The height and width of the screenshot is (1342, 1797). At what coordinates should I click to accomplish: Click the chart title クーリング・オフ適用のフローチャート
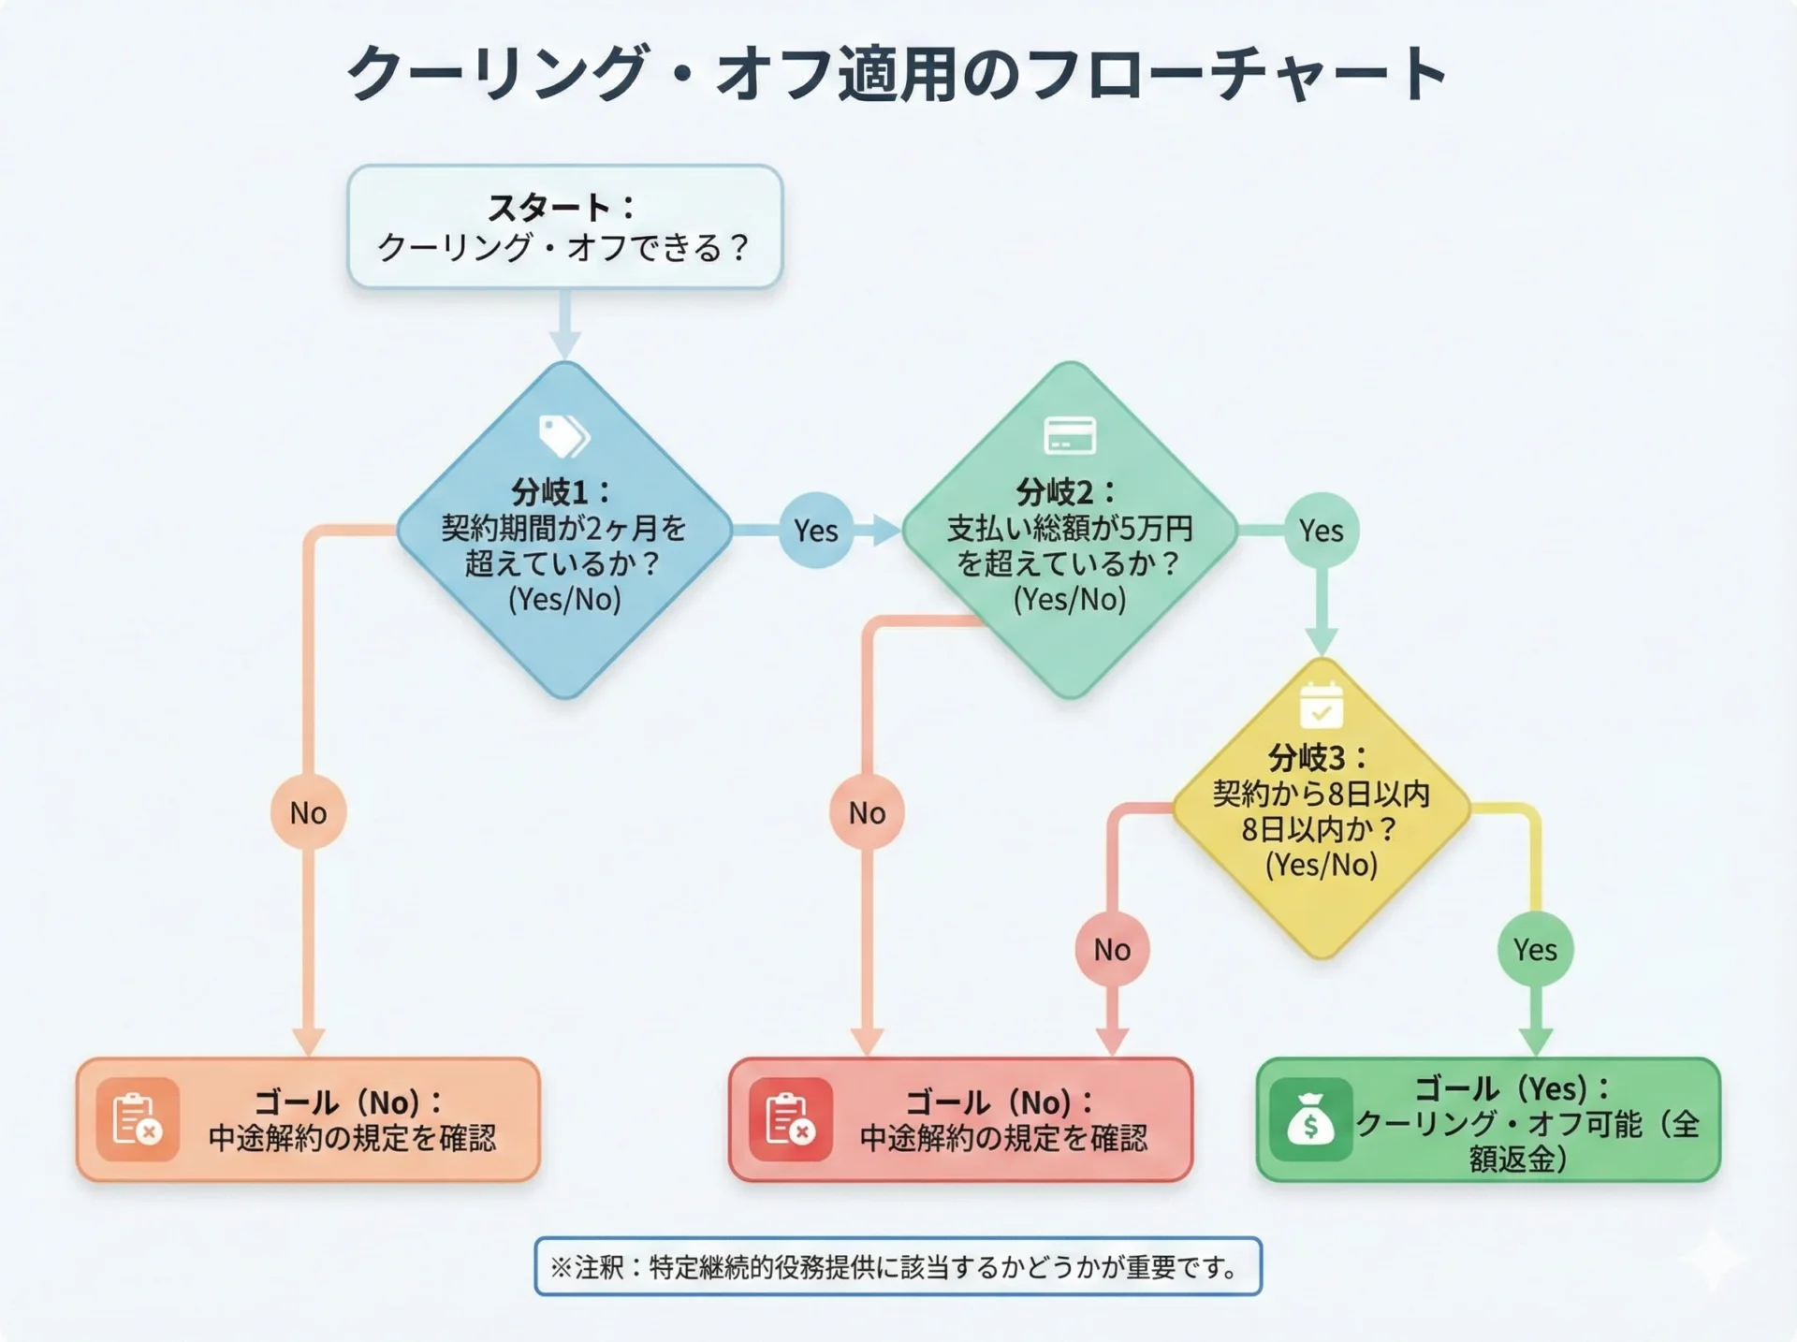(x=897, y=73)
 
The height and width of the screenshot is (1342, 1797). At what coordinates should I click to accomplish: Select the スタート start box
(x=564, y=226)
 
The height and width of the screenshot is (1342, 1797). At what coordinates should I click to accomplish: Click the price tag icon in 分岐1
(x=563, y=435)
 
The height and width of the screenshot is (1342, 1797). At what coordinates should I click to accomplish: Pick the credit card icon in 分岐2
(x=1069, y=435)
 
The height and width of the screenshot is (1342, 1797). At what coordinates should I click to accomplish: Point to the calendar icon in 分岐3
(x=1321, y=706)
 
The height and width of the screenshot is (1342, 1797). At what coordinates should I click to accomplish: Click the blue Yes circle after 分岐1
(x=815, y=531)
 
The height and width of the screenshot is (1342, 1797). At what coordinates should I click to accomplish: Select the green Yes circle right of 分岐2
(x=1321, y=531)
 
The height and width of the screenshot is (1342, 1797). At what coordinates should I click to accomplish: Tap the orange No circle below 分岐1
(x=308, y=812)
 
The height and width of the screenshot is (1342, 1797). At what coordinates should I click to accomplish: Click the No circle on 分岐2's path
(x=867, y=812)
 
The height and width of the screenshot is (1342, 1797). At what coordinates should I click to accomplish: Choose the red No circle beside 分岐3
(x=1112, y=949)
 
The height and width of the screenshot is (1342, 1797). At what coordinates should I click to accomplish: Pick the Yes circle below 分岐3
(x=1535, y=949)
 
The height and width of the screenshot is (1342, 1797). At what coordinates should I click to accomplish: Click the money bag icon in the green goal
(x=1309, y=1120)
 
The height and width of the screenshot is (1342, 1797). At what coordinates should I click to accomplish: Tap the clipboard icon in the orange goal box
(x=137, y=1119)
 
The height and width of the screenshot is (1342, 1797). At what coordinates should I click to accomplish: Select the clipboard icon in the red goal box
(x=789, y=1119)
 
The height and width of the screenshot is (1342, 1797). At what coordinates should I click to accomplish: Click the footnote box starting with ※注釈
(x=897, y=1266)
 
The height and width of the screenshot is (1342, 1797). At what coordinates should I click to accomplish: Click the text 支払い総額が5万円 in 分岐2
(x=1069, y=529)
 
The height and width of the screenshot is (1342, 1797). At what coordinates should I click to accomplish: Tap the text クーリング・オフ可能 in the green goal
(x=1497, y=1123)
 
